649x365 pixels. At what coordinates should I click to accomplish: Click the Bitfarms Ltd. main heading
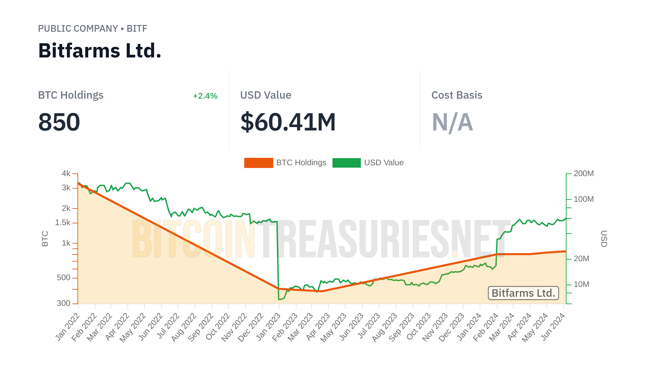coord(100,51)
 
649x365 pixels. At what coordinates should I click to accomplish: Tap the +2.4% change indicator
coord(205,96)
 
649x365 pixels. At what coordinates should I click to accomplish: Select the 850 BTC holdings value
coord(59,122)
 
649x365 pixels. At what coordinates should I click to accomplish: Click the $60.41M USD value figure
coord(288,122)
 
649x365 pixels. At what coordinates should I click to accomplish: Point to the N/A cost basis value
coord(452,122)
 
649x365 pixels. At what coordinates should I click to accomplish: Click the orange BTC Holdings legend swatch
coord(259,163)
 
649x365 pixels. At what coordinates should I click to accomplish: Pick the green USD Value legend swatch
coord(346,163)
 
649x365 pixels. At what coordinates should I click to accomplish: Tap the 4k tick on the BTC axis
coord(66,174)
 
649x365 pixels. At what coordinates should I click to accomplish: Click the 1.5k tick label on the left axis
coord(63,223)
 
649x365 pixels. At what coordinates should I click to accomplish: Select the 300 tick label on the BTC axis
coord(64,303)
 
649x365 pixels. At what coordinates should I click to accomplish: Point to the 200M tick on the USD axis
coord(583,174)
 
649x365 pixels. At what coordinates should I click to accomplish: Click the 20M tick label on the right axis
coord(581,259)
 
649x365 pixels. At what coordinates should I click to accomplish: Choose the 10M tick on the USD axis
coord(581,285)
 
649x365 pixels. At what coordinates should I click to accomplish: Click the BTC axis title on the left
coord(45,239)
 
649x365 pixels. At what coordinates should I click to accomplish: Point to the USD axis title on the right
coord(604,239)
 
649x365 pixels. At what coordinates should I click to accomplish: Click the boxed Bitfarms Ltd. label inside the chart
coord(523,293)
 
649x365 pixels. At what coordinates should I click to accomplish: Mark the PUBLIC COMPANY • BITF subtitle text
coord(93,29)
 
